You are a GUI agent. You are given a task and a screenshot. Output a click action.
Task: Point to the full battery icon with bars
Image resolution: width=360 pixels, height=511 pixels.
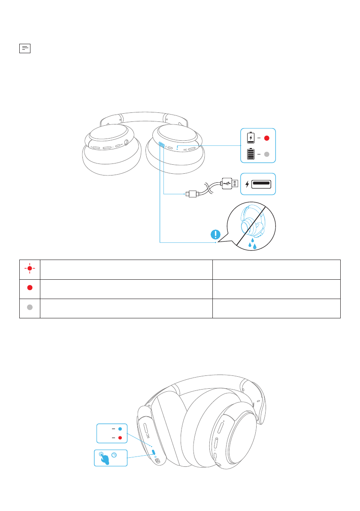click(x=251, y=154)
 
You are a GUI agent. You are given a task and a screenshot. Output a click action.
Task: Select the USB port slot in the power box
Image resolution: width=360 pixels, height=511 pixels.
click(x=261, y=184)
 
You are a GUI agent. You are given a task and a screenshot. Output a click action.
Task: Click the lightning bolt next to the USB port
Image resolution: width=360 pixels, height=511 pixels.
click(x=247, y=184)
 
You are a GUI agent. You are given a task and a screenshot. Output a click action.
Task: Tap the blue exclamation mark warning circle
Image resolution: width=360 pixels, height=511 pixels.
click(x=216, y=234)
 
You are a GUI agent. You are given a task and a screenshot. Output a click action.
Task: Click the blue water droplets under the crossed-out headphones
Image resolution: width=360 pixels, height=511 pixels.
click(x=252, y=245)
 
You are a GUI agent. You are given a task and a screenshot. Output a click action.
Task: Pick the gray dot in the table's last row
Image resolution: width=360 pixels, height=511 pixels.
click(x=30, y=308)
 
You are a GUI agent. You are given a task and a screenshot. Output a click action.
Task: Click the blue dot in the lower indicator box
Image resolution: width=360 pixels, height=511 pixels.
click(x=120, y=429)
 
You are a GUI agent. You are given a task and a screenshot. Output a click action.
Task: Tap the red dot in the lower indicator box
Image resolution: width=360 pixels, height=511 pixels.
click(x=120, y=438)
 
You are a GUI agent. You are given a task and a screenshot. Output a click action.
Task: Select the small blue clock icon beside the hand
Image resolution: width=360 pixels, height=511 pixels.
click(x=114, y=455)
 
